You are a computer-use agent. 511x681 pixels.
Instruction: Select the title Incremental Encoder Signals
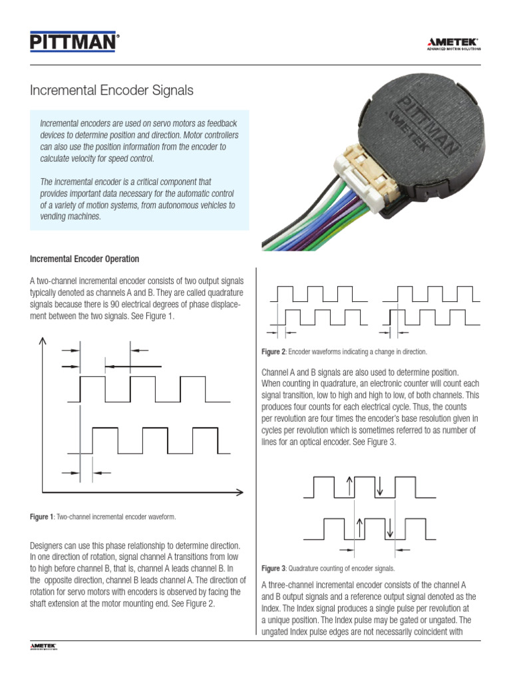tap(112, 89)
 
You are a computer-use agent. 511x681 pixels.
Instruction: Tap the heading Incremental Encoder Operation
tap(85, 259)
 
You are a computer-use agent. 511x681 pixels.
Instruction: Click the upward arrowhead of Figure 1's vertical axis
tap(43, 340)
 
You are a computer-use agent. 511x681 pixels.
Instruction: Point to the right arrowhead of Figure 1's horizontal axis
tap(240, 493)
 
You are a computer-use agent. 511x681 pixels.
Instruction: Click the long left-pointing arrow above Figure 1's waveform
tap(133, 366)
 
